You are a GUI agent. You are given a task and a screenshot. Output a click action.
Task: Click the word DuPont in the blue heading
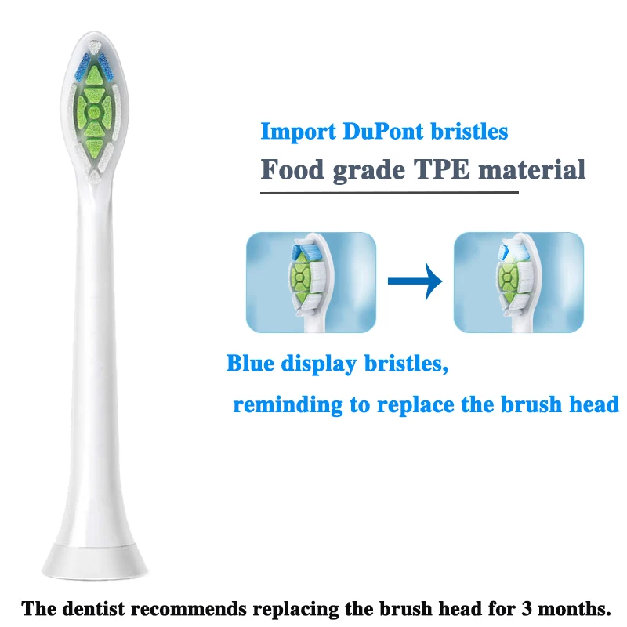(383, 131)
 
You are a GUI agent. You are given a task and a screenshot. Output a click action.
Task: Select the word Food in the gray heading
(292, 169)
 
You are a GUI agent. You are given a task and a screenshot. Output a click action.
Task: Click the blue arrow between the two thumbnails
(415, 281)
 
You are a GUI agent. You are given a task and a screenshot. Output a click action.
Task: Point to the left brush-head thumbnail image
(310, 282)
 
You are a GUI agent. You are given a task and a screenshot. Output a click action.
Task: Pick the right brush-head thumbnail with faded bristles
(519, 282)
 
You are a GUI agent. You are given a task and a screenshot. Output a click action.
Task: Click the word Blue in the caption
(250, 363)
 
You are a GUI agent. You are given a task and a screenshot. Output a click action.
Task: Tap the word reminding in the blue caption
(288, 404)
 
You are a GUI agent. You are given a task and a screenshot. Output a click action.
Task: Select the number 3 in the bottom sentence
(526, 609)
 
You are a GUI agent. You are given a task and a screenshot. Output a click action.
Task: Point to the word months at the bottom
(572, 609)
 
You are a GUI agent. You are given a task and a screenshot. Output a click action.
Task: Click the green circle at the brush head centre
(94, 112)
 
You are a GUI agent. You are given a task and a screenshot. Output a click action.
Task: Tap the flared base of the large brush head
(94, 560)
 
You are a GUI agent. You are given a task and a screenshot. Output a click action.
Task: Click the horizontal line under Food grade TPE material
(390, 193)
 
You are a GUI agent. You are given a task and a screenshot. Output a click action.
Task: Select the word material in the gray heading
(531, 169)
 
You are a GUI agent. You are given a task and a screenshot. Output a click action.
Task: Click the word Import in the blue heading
(299, 131)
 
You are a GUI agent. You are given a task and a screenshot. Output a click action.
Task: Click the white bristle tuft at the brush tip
(94, 48)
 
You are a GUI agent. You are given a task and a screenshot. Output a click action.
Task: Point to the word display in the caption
(319, 364)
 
